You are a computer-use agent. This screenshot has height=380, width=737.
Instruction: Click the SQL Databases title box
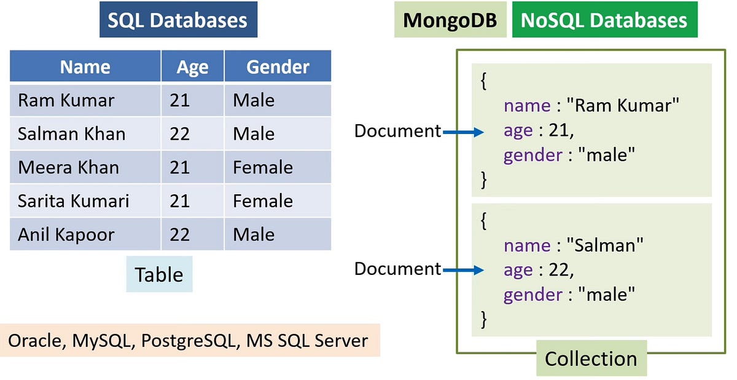(177, 21)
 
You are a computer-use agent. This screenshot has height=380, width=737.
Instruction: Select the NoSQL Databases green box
(604, 21)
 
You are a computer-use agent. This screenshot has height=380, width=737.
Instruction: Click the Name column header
(85, 66)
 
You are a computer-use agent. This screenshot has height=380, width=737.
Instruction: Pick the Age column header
(192, 66)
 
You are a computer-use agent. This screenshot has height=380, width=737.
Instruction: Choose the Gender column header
(278, 66)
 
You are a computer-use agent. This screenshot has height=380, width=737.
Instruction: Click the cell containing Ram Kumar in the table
(66, 100)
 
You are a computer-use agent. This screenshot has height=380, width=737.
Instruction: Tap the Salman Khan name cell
(71, 133)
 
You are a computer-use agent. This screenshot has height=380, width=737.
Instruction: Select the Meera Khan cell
(68, 167)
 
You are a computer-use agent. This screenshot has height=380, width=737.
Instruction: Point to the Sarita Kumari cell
(74, 201)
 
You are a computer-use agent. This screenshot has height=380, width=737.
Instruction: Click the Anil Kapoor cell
(66, 234)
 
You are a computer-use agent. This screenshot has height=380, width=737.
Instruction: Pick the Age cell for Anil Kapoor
(180, 234)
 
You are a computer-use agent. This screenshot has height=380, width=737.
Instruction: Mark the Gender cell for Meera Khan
(263, 167)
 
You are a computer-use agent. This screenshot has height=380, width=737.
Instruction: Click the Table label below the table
(159, 274)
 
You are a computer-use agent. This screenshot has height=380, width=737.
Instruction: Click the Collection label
(591, 358)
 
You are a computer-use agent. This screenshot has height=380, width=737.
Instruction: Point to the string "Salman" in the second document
(609, 246)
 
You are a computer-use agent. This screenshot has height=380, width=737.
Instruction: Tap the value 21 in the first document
(561, 130)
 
